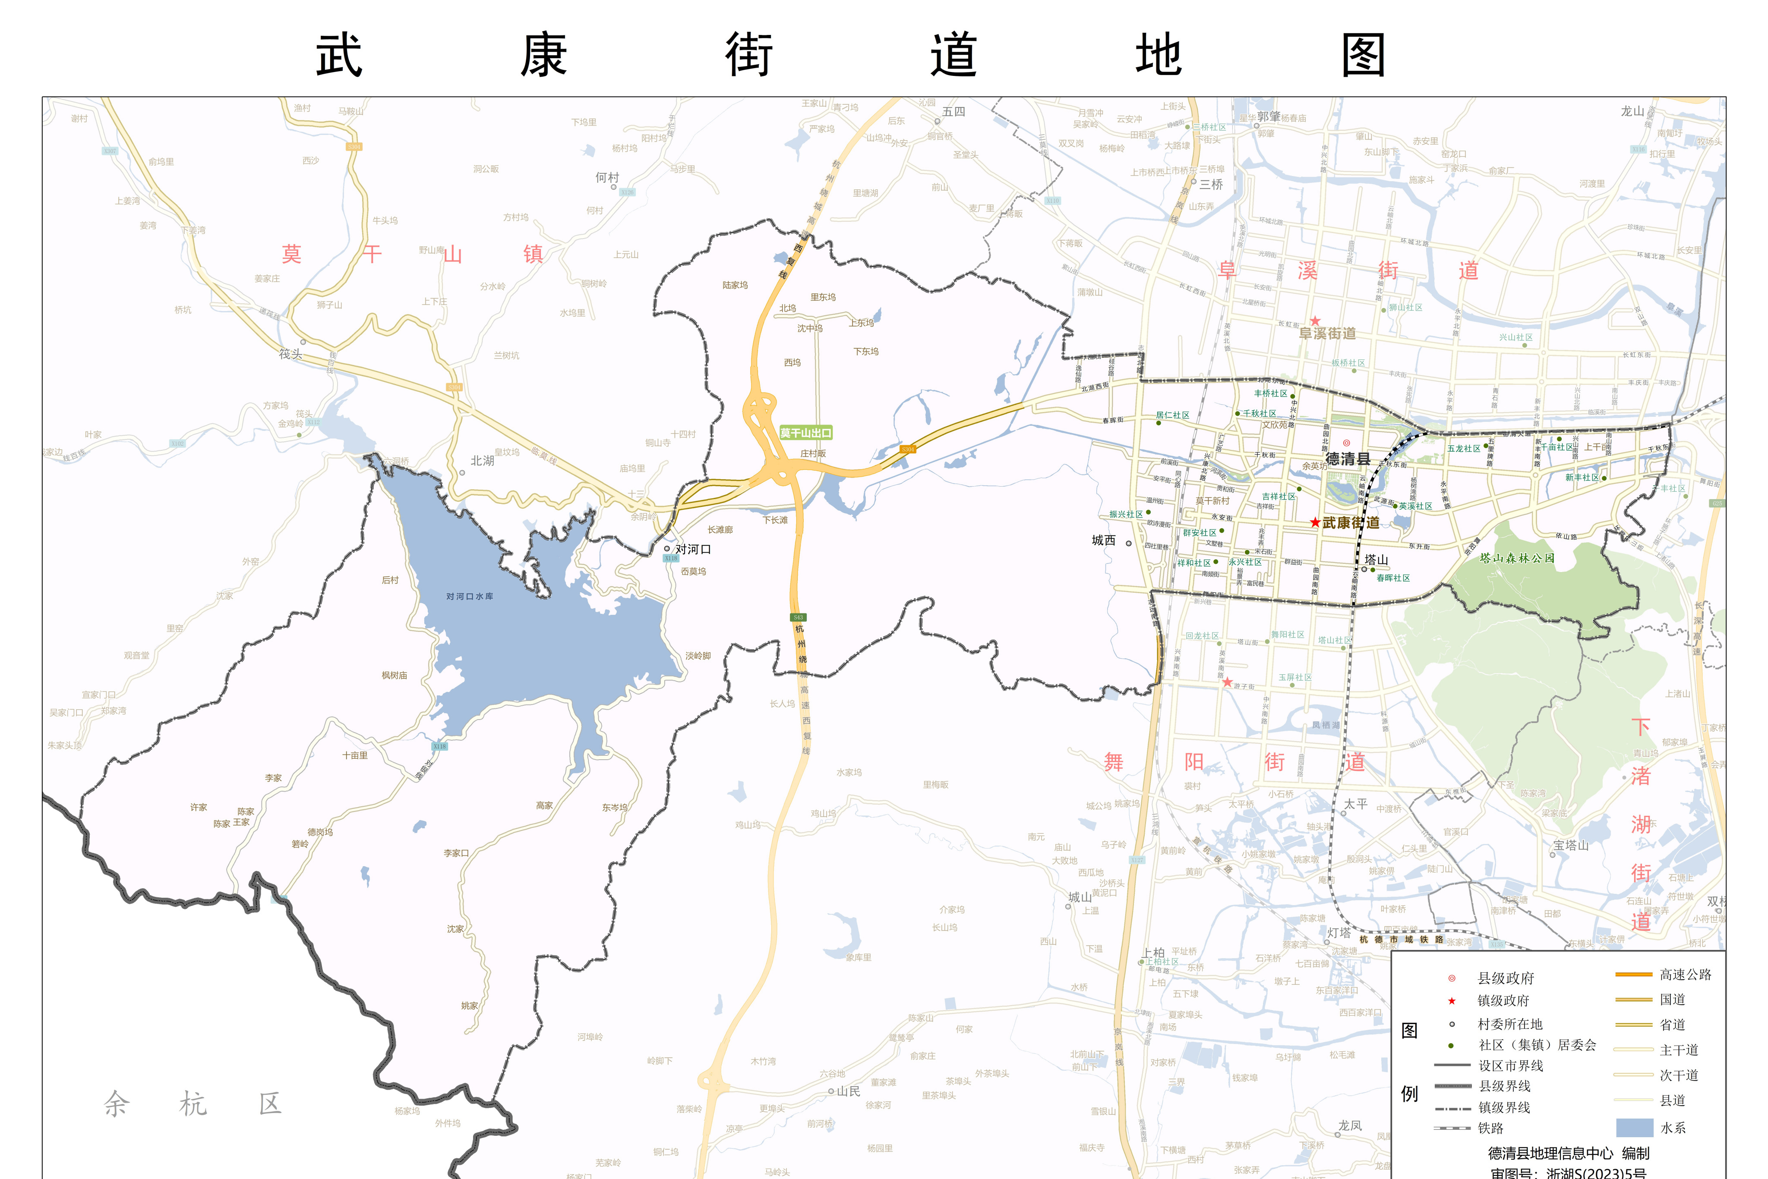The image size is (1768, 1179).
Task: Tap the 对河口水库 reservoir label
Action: pos(470,596)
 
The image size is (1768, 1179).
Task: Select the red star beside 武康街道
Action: pos(1314,522)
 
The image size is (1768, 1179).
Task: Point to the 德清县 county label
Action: pos(1348,459)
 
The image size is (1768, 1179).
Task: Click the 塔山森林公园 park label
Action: pos(1517,558)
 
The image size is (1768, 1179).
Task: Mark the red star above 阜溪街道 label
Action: pos(1315,321)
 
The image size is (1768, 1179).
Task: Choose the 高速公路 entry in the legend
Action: pos(1685,975)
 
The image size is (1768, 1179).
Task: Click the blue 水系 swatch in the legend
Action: pos(1634,1127)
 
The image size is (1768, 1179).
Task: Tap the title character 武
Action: pos(339,56)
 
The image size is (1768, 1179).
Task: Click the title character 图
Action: pos(1363,56)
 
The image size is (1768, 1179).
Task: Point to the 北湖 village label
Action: pos(482,461)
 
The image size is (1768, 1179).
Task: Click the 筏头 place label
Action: pos(290,353)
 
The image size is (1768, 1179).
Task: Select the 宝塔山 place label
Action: pos(1571,845)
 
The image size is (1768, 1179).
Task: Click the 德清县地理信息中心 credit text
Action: pos(1550,1153)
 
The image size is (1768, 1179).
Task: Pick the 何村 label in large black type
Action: pos(607,177)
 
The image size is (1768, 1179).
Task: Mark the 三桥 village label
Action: pos(1211,184)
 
